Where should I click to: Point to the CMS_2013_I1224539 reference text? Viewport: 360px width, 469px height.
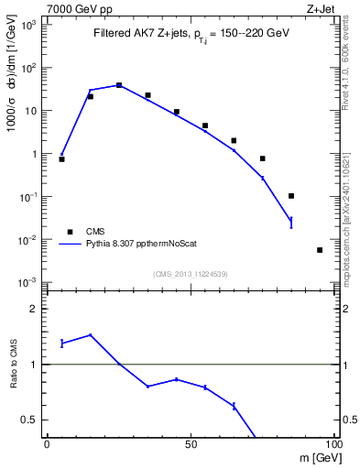(x=190, y=272)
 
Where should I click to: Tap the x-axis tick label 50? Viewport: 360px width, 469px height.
(x=190, y=445)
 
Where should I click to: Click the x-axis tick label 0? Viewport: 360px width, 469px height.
(x=47, y=445)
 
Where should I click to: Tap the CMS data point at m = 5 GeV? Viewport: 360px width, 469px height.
(x=61, y=159)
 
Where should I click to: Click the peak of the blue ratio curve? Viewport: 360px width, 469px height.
(x=90, y=335)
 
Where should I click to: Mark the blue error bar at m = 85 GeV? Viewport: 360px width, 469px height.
(x=290, y=221)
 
